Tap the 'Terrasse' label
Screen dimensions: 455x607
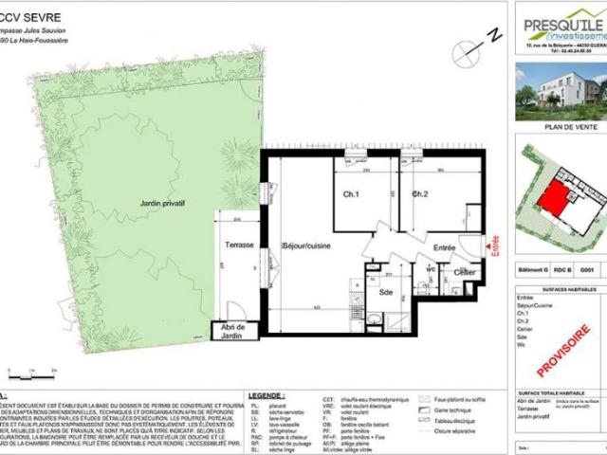tap(232, 245)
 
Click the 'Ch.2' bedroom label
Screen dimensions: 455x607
tap(421, 194)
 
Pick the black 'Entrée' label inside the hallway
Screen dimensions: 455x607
tap(444, 248)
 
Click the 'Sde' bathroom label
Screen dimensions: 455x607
tap(386, 293)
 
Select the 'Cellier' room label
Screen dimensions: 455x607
tap(464, 273)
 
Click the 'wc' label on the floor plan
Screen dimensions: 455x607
tap(430, 268)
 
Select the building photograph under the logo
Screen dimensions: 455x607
tap(560, 91)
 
